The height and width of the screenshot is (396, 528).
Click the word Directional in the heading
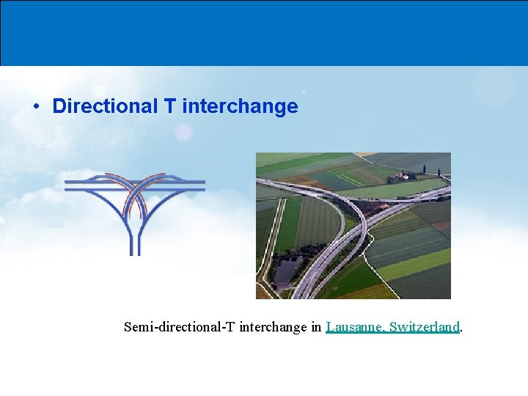point(105,106)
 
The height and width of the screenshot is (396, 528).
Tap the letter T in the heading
point(169,106)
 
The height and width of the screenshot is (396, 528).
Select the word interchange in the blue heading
point(240,106)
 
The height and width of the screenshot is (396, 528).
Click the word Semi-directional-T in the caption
point(180,326)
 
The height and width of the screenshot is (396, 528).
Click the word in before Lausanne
point(317,326)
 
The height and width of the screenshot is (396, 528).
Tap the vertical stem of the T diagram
point(134,238)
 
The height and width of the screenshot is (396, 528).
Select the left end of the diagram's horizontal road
point(70,183)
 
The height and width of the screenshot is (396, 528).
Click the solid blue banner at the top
point(264,33)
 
